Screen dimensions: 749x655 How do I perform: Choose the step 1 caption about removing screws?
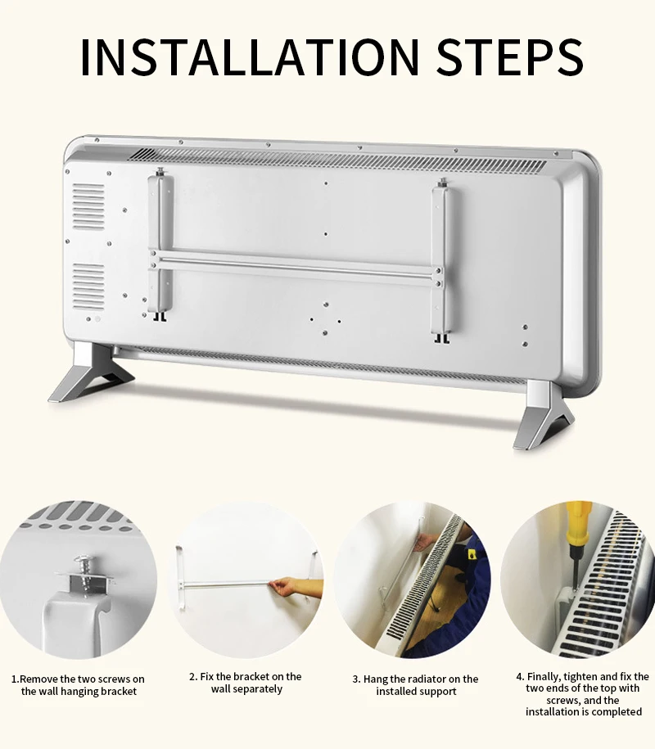[x=78, y=685]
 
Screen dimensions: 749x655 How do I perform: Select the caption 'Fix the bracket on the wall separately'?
[x=246, y=683]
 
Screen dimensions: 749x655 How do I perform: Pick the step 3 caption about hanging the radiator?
[x=415, y=685]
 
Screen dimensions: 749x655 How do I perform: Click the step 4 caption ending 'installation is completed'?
[x=583, y=694]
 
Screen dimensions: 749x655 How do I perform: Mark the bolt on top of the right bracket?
[x=443, y=182]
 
